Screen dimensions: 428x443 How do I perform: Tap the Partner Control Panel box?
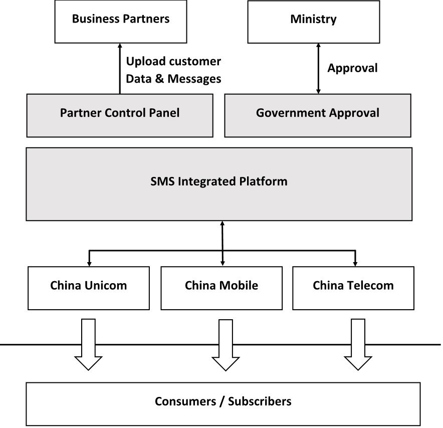[120, 114]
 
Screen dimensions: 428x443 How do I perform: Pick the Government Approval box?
[318, 114]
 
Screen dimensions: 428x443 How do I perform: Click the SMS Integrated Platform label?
[219, 181]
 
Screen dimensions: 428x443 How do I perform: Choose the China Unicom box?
[89, 287]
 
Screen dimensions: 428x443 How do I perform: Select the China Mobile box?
[221, 287]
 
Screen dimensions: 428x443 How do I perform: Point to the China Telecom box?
[353, 287]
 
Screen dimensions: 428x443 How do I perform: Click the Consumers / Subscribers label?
[223, 401]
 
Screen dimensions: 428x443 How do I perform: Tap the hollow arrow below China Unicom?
[88, 346]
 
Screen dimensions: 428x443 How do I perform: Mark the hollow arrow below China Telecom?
[358, 346]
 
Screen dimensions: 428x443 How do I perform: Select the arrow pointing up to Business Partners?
[120, 68]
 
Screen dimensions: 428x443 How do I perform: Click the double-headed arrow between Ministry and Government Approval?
[318, 68]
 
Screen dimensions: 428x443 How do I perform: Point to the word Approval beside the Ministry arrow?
[353, 69]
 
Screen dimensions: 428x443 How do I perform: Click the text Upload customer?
[173, 62]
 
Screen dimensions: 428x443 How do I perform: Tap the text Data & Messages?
[173, 79]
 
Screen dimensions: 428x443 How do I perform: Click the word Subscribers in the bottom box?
[260, 401]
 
